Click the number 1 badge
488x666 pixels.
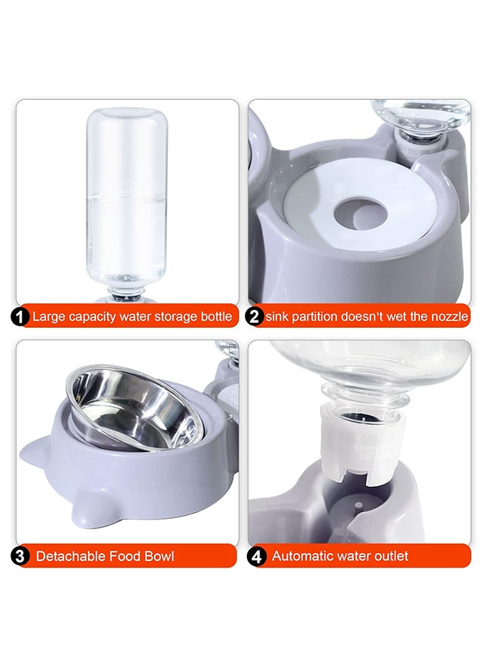point(20,317)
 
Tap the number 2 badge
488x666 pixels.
point(254,317)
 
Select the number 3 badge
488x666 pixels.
point(20,556)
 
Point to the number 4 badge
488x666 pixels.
point(257,556)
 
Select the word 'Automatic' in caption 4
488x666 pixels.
point(304,556)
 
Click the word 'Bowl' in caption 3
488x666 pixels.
point(157,556)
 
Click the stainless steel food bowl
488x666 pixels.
point(133,411)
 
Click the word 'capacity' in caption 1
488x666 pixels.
point(94,317)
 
